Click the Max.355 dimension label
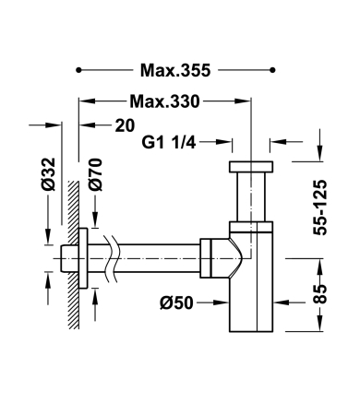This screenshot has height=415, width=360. pos(175,70)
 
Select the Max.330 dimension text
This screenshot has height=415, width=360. pos(164,101)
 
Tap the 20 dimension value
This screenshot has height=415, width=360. pos(125,125)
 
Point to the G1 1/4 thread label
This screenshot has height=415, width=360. pos(169,142)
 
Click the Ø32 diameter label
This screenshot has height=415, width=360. pos(48,174)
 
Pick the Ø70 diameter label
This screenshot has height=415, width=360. pos(95,174)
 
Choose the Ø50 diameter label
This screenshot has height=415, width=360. pos(176,303)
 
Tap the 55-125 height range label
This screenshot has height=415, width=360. pos(320,207)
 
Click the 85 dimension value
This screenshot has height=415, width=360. pos(320,294)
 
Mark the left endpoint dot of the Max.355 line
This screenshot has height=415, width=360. pos(78,70)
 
